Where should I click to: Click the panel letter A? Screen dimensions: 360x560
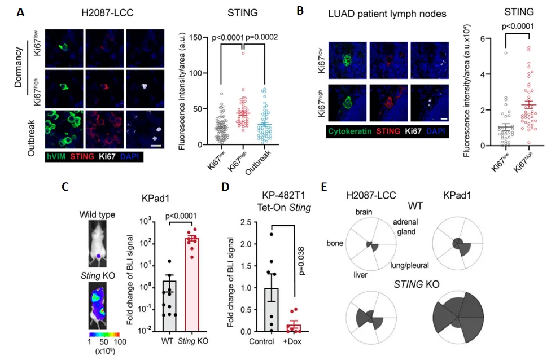(20, 11)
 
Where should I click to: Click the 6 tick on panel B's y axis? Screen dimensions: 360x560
(467, 38)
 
